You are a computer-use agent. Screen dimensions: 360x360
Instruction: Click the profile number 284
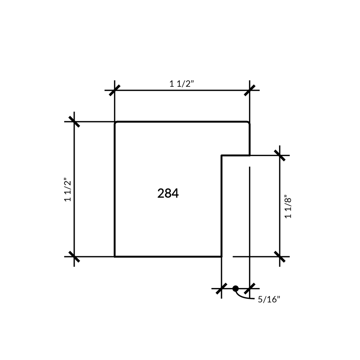(x=168, y=193)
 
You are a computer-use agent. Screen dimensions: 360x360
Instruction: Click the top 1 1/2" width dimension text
(x=181, y=84)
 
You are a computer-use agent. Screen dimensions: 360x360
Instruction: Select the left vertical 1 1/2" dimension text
(x=68, y=189)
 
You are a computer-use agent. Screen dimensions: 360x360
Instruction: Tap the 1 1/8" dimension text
(x=288, y=207)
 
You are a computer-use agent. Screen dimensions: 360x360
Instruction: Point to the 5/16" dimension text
(x=269, y=300)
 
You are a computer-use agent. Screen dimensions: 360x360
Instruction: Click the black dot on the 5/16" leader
(x=235, y=289)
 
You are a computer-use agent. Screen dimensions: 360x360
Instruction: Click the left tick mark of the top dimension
(x=114, y=90)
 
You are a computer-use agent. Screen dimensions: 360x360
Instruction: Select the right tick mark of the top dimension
(x=249, y=90)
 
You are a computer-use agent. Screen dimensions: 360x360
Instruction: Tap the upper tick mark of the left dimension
(x=74, y=121)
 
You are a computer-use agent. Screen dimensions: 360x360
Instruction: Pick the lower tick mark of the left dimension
(x=74, y=256)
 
